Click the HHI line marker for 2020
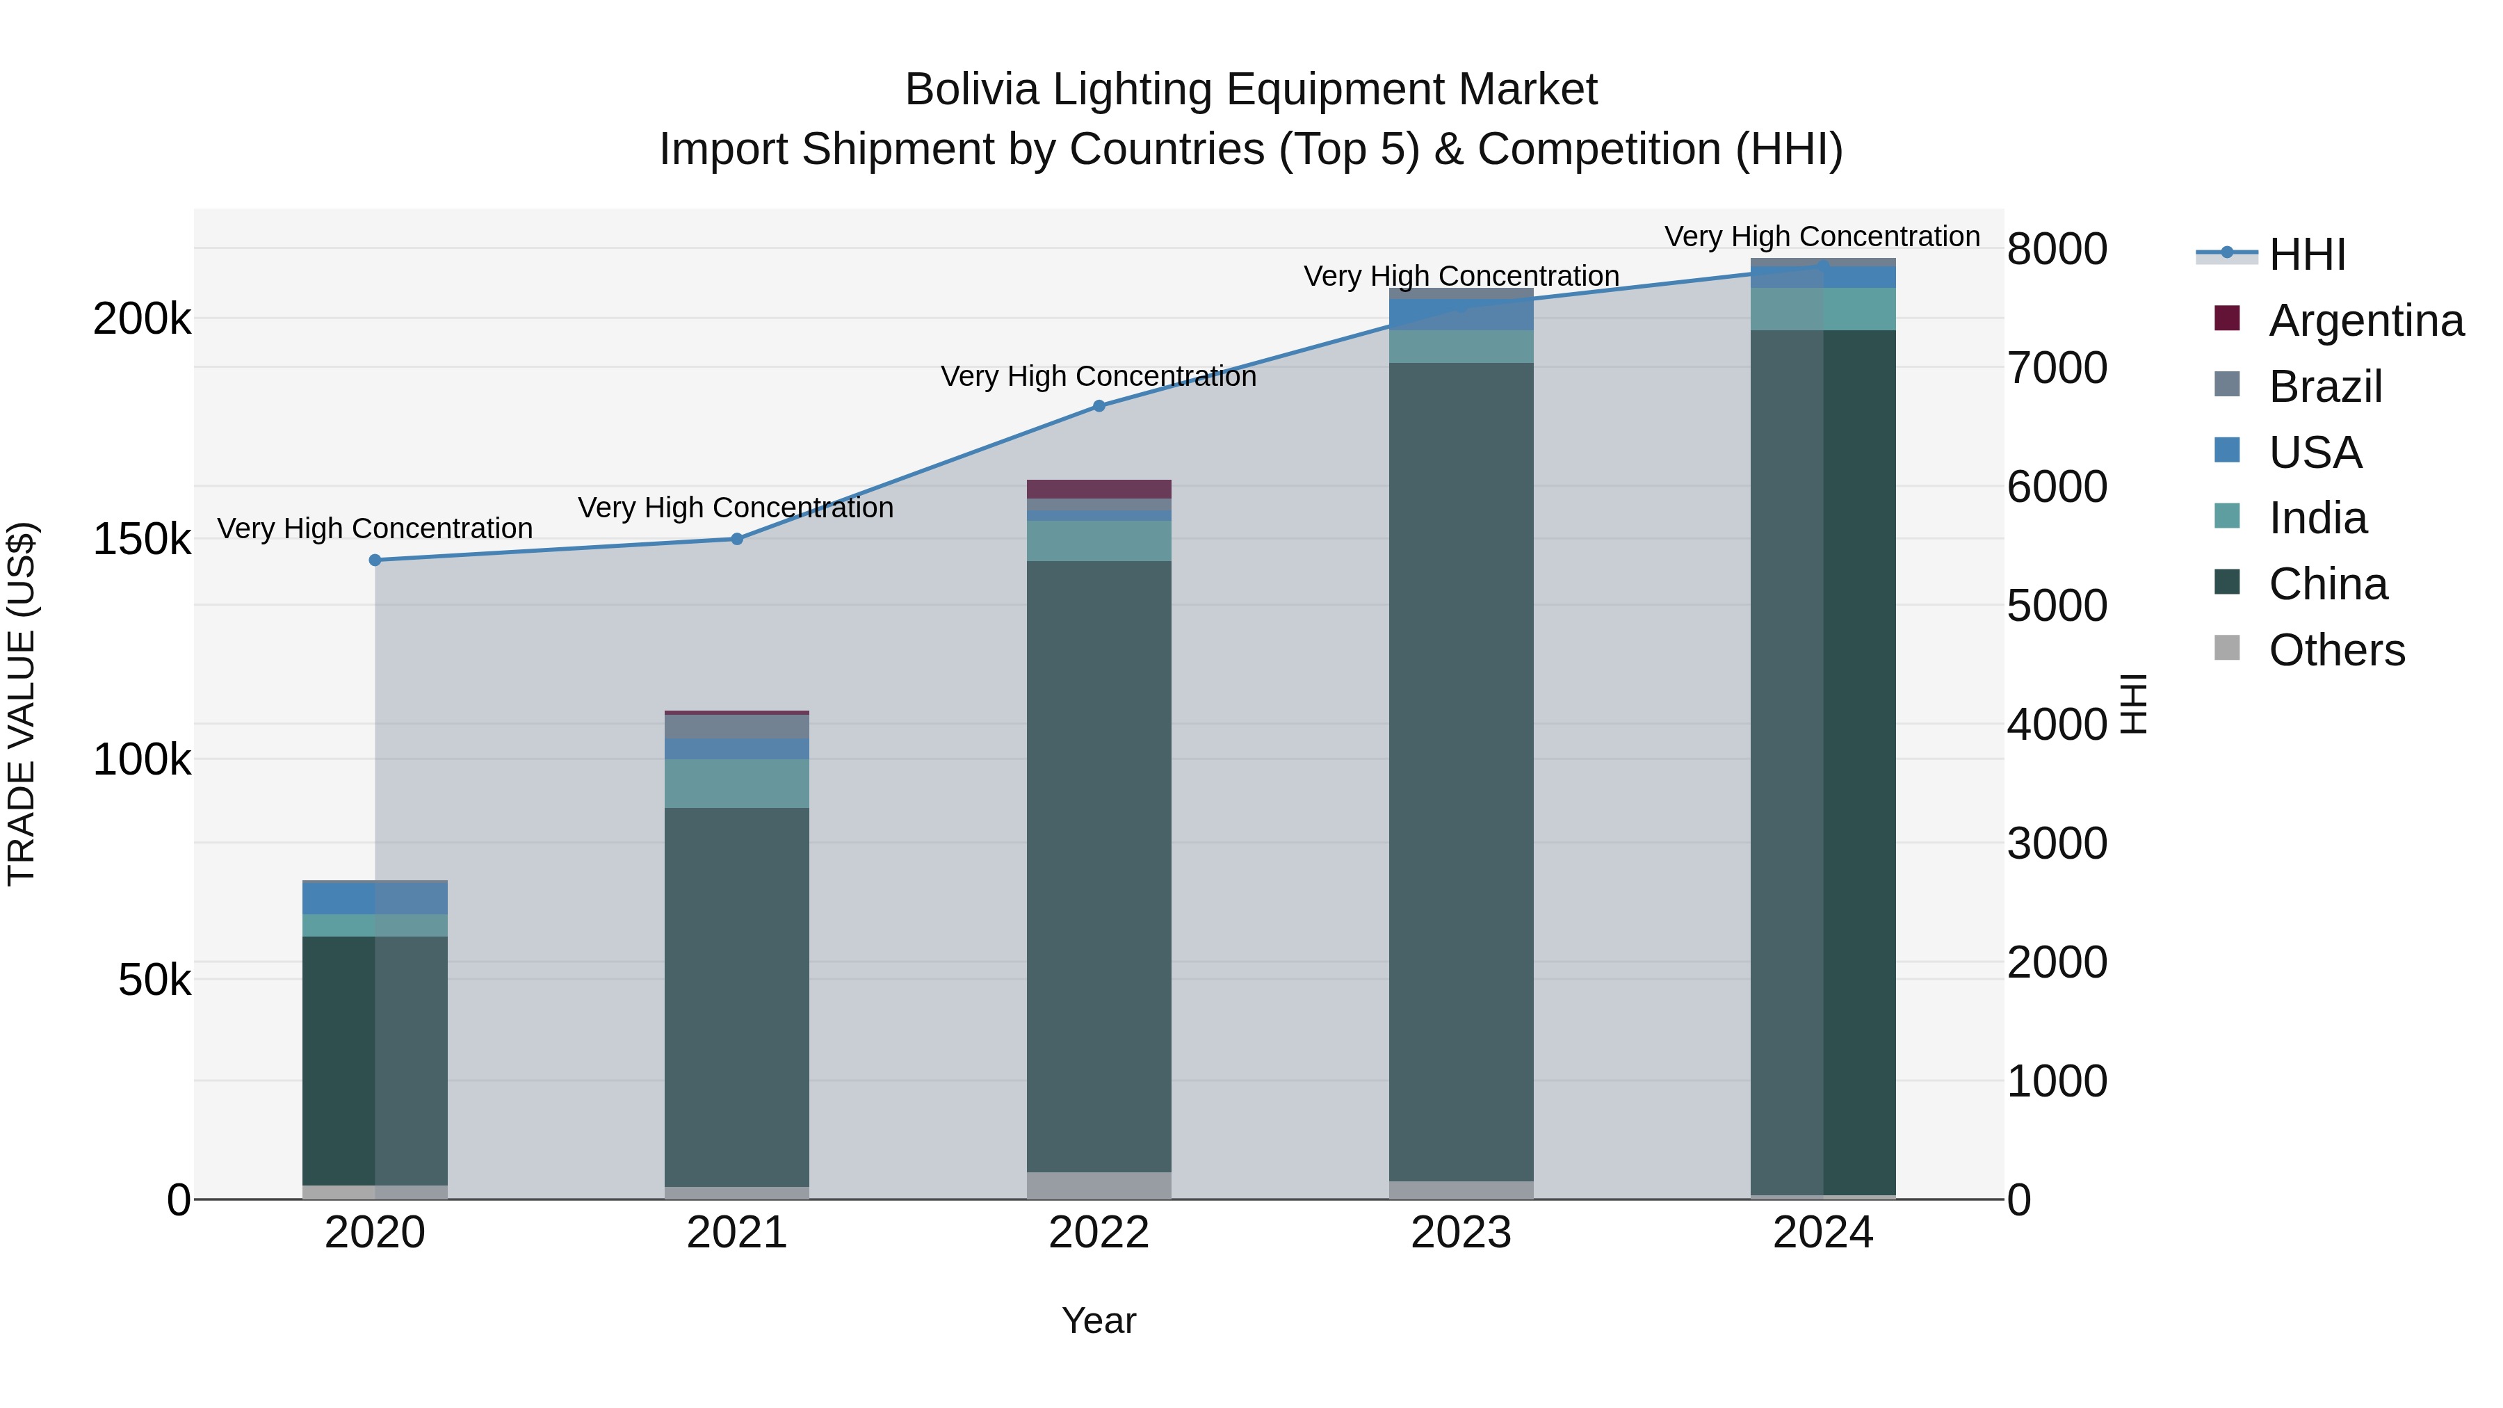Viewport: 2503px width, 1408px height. coord(375,560)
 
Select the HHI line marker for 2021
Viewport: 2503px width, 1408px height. coord(736,538)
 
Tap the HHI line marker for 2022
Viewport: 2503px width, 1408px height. coord(1099,406)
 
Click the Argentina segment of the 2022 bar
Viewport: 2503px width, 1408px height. coord(1099,489)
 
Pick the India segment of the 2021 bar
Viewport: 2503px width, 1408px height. coord(736,783)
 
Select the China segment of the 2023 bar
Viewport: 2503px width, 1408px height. coord(1461,772)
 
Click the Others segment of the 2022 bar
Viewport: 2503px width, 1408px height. coord(1099,1185)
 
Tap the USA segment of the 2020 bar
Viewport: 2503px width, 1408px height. coord(375,898)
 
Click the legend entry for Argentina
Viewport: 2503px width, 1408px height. coord(2365,321)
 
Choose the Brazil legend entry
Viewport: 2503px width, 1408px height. coord(2324,387)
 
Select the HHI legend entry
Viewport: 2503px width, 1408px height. coord(2307,254)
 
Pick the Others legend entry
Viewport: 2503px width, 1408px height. coord(2336,650)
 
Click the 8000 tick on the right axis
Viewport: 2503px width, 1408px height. coord(2056,249)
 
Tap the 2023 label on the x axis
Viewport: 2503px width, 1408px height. coord(1461,1233)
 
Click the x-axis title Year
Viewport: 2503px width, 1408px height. coord(1099,1320)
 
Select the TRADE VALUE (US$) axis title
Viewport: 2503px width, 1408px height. coord(22,704)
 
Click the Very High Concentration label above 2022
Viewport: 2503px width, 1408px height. coord(1099,376)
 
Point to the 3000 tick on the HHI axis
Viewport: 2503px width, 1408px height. coord(2056,843)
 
